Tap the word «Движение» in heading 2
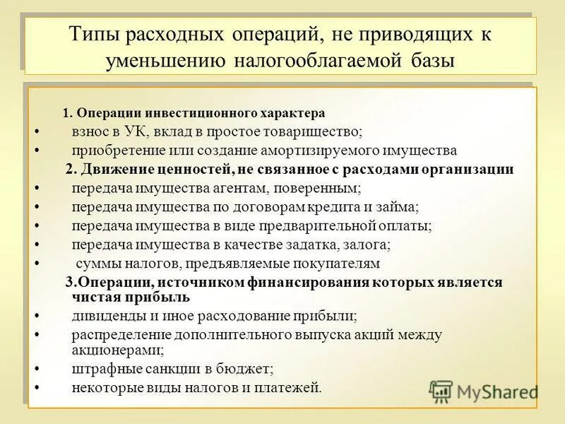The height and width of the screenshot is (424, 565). pos(113,170)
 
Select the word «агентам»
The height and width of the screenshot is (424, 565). pos(266,189)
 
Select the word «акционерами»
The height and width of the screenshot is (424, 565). pos(117,349)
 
